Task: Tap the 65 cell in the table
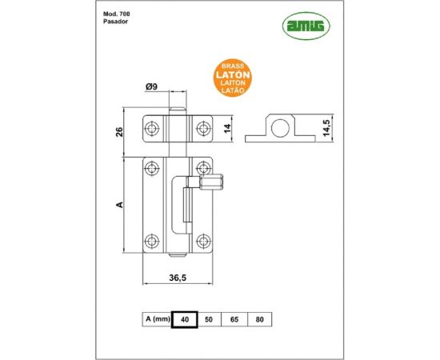[x=235, y=319]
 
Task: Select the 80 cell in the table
[x=259, y=319]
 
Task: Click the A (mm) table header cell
[x=157, y=319]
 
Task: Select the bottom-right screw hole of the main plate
[x=202, y=240]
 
